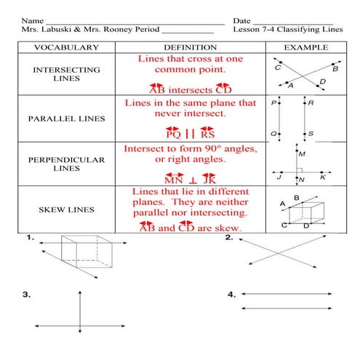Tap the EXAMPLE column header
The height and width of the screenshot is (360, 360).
[x=302, y=47]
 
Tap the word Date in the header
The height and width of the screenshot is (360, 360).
[x=242, y=20]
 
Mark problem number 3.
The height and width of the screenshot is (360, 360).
[x=27, y=295]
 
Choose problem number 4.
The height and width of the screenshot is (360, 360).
[x=231, y=295]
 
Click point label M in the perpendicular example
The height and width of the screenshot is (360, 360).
[x=303, y=154]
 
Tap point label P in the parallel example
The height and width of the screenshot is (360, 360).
[x=274, y=103]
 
